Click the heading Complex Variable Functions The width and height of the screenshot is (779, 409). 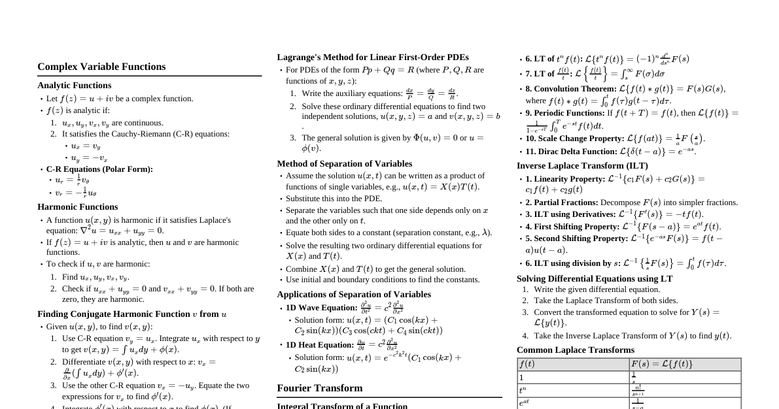coord(101,67)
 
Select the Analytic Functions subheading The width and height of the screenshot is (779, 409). coord(74,86)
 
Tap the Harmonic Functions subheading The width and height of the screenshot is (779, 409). coord(77,207)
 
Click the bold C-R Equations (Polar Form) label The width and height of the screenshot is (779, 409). coord(99,169)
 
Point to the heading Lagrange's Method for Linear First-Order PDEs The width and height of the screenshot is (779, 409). coord(372,57)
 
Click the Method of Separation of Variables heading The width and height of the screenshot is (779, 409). coord(344,164)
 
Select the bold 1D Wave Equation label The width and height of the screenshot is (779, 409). coord(321,308)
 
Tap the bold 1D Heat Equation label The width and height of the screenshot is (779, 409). coord(319,345)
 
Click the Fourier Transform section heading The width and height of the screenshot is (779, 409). coord(319,388)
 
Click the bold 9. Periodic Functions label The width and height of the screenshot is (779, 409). coord(565,113)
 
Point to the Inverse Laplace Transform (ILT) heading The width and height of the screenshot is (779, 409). coord(581,166)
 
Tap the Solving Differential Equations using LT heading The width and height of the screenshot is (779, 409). coord(594,279)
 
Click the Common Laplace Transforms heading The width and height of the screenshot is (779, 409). coord(575,350)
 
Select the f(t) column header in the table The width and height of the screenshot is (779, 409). coord(527,365)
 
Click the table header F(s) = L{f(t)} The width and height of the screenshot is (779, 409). coord(661,365)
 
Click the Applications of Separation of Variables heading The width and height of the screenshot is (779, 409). coord(353,295)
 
